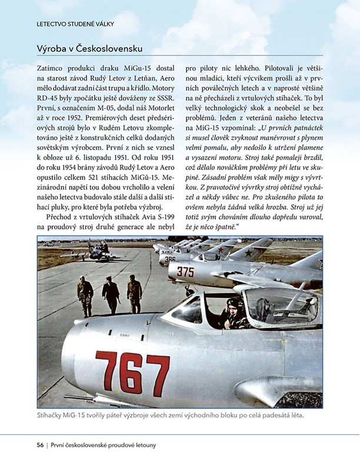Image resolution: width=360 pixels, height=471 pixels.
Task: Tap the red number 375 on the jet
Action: pos(185,271)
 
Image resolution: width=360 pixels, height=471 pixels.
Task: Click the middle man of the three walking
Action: pos(111,295)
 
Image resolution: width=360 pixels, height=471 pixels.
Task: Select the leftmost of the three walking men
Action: pos(85,296)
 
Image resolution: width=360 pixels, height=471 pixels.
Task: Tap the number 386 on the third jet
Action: pos(170,258)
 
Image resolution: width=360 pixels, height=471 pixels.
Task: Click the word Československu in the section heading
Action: pos(113,48)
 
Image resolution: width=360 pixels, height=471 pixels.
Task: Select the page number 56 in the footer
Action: pos(40,445)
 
